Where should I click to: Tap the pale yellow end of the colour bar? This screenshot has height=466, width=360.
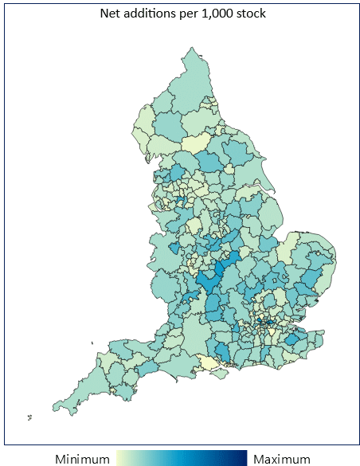(121, 458)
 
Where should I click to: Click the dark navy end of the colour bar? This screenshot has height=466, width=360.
(245, 458)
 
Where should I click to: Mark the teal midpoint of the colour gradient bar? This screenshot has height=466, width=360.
(182, 458)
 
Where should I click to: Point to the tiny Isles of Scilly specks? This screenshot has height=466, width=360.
(29, 416)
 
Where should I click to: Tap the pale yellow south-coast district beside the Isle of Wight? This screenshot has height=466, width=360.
(208, 362)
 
